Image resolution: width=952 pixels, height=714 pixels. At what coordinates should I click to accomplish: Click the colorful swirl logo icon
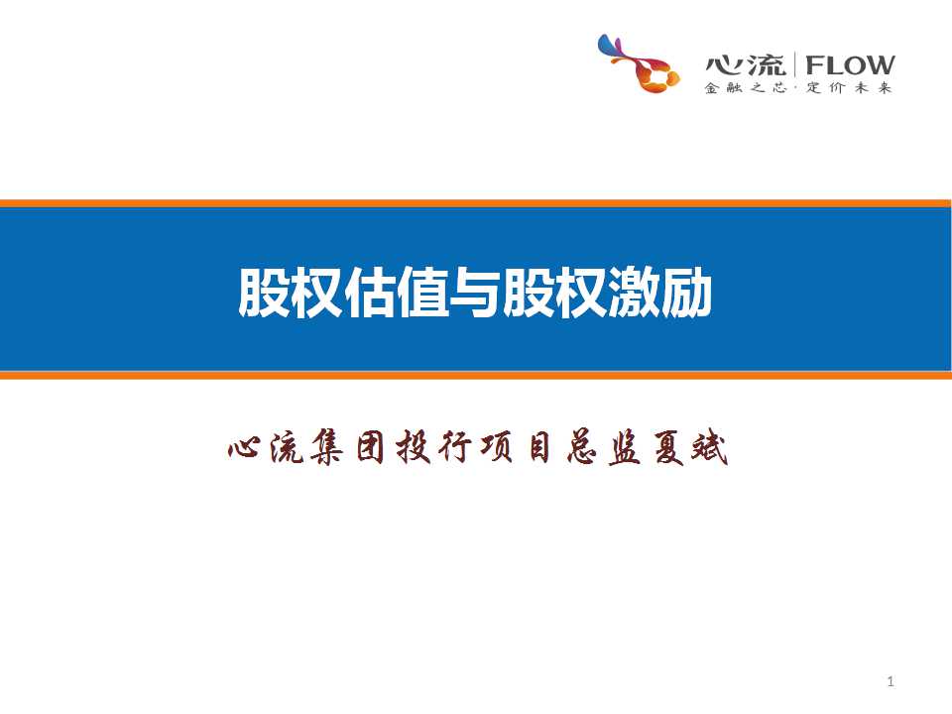click(x=638, y=63)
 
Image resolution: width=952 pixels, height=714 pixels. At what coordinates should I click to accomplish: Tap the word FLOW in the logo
click(x=850, y=64)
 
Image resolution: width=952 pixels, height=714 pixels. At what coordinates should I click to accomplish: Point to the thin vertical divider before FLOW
click(x=795, y=64)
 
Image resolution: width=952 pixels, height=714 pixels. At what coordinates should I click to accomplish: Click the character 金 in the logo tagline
click(x=712, y=88)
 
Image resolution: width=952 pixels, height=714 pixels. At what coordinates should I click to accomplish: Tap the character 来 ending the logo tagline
click(x=885, y=88)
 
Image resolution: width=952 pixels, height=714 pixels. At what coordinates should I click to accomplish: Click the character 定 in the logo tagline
click(x=813, y=88)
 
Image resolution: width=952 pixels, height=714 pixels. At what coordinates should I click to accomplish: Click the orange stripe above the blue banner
click(x=476, y=203)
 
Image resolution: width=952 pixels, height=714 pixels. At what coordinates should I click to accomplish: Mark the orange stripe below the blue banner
click(x=476, y=375)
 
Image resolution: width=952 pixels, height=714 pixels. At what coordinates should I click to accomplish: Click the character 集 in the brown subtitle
click(x=327, y=448)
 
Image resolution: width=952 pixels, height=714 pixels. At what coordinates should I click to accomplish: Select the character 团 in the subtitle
click(x=370, y=448)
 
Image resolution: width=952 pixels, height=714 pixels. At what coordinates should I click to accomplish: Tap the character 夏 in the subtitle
click(x=667, y=448)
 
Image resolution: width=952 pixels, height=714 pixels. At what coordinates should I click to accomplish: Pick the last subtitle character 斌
click(x=709, y=448)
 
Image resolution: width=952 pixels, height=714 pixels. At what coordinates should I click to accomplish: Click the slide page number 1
click(x=891, y=682)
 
